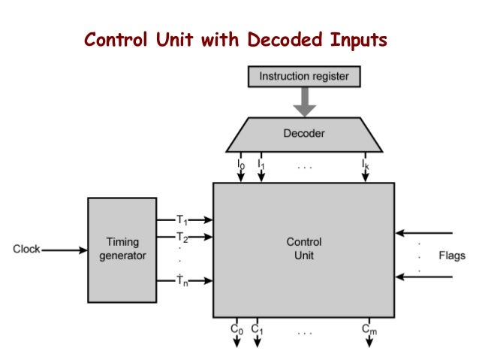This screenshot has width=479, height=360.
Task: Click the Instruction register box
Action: click(304, 76)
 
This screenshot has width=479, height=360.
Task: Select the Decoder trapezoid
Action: click(304, 135)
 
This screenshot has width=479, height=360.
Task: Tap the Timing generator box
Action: click(122, 250)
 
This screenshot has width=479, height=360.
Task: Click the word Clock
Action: click(27, 249)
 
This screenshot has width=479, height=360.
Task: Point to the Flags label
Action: click(452, 256)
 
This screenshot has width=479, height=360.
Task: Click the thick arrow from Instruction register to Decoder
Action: click(304, 102)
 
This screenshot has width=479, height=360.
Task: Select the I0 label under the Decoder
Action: click(240, 162)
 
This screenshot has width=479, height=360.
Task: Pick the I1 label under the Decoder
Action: click(261, 162)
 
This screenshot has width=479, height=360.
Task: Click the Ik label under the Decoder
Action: click(366, 162)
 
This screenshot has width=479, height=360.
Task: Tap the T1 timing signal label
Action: click(182, 220)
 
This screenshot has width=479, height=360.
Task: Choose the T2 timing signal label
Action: click(182, 237)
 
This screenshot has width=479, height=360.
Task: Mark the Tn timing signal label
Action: click(182, 280)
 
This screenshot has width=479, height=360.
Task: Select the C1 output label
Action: click(257, 328)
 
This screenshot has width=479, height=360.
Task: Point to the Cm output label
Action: click(369, 328)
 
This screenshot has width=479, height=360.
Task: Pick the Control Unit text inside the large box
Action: click(304, 249)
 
